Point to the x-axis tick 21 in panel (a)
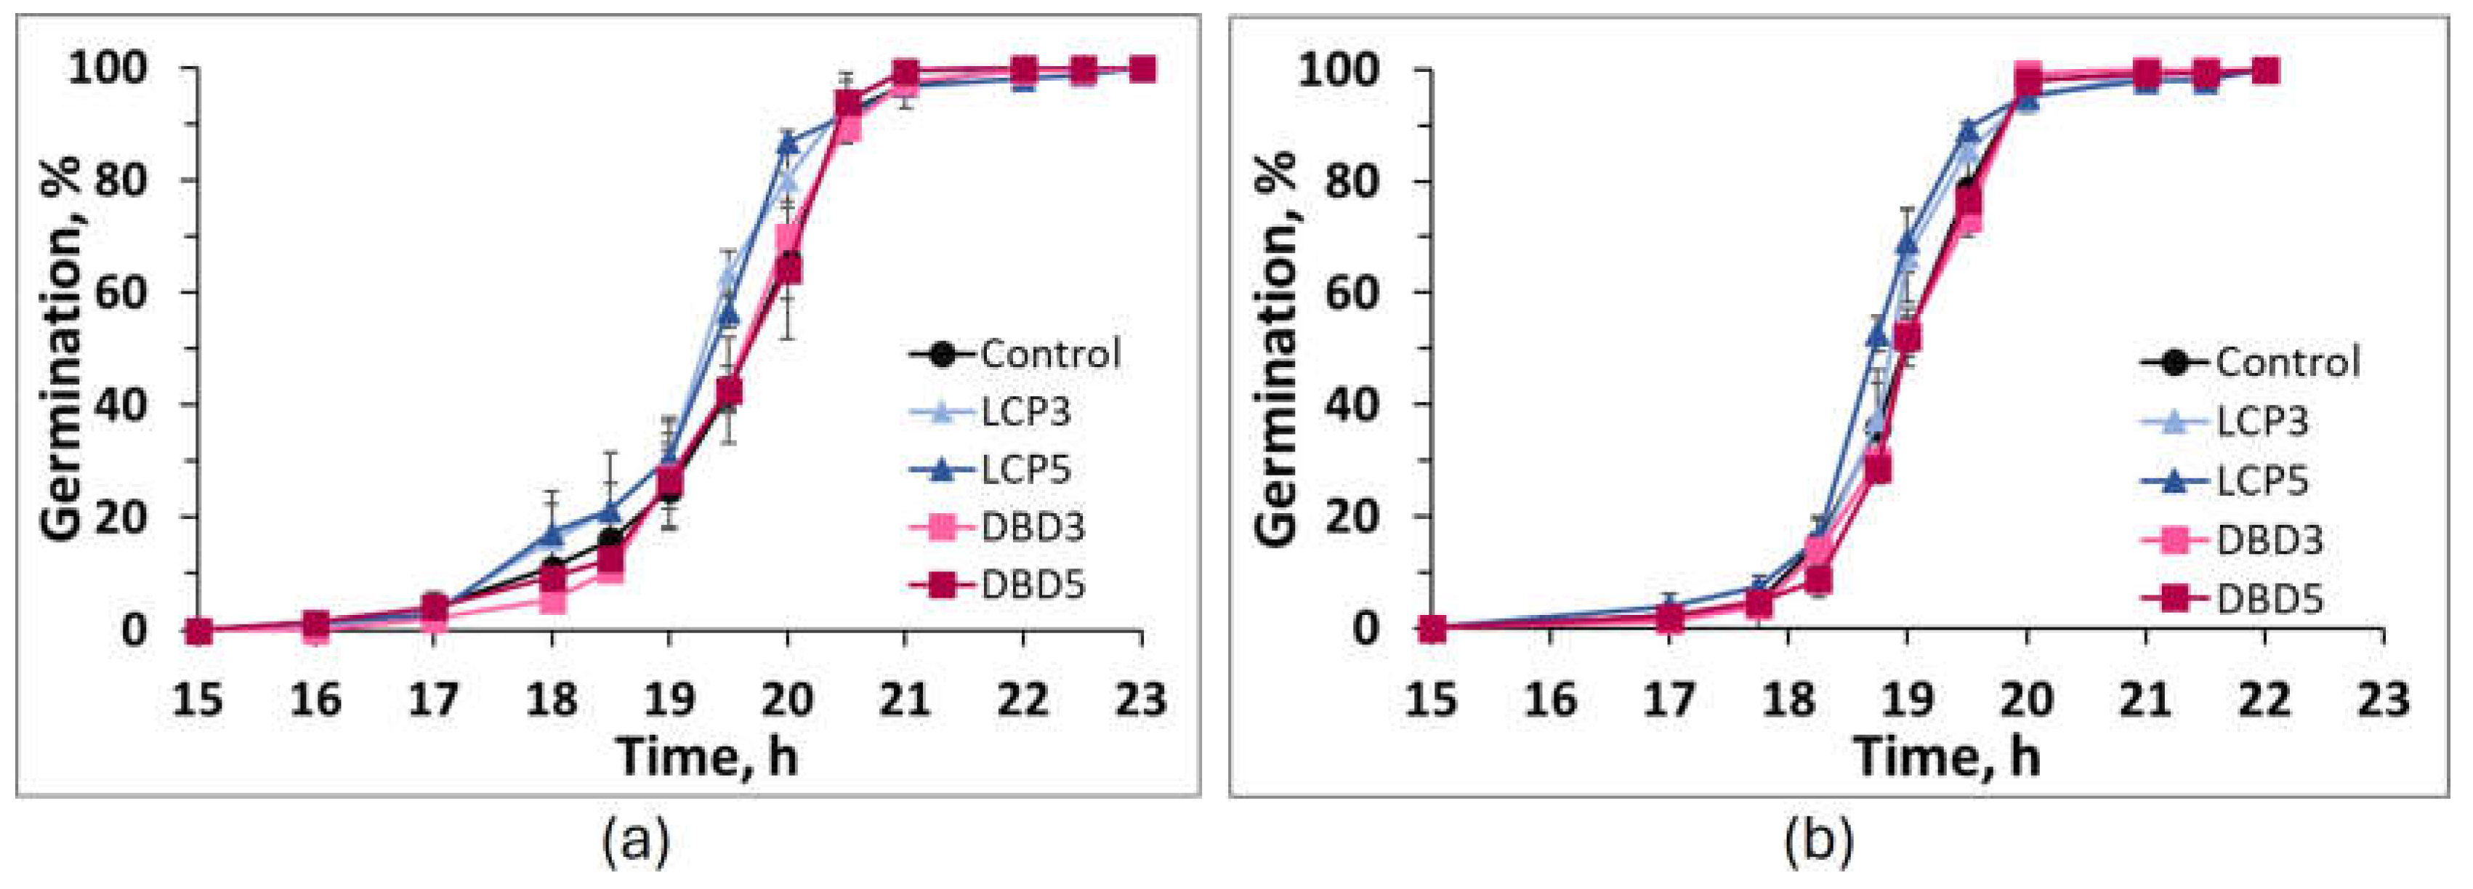click(x=904, y=700)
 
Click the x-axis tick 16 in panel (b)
click(x=1550, y=700)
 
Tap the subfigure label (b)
click(x=1818, y=841)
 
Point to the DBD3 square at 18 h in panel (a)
click(x=552, y=600)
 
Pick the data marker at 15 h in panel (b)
click(x=1432, y=629)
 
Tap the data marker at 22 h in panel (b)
click(x=2264, y=71)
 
